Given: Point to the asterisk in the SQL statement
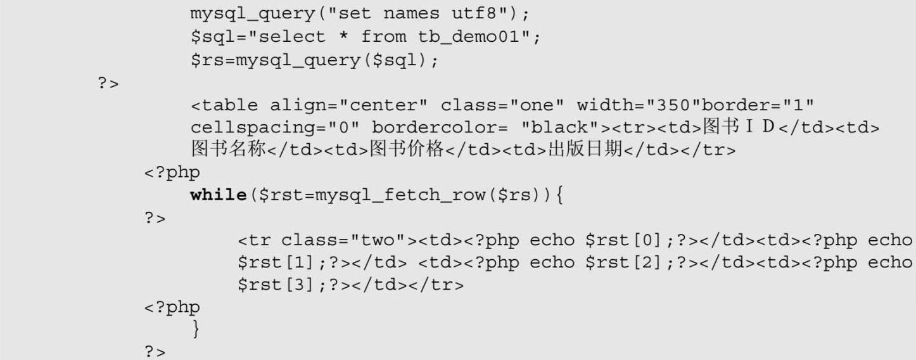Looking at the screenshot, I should [344, 36].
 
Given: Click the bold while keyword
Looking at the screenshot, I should [218, 195].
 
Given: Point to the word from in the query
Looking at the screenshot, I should [384, 36].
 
